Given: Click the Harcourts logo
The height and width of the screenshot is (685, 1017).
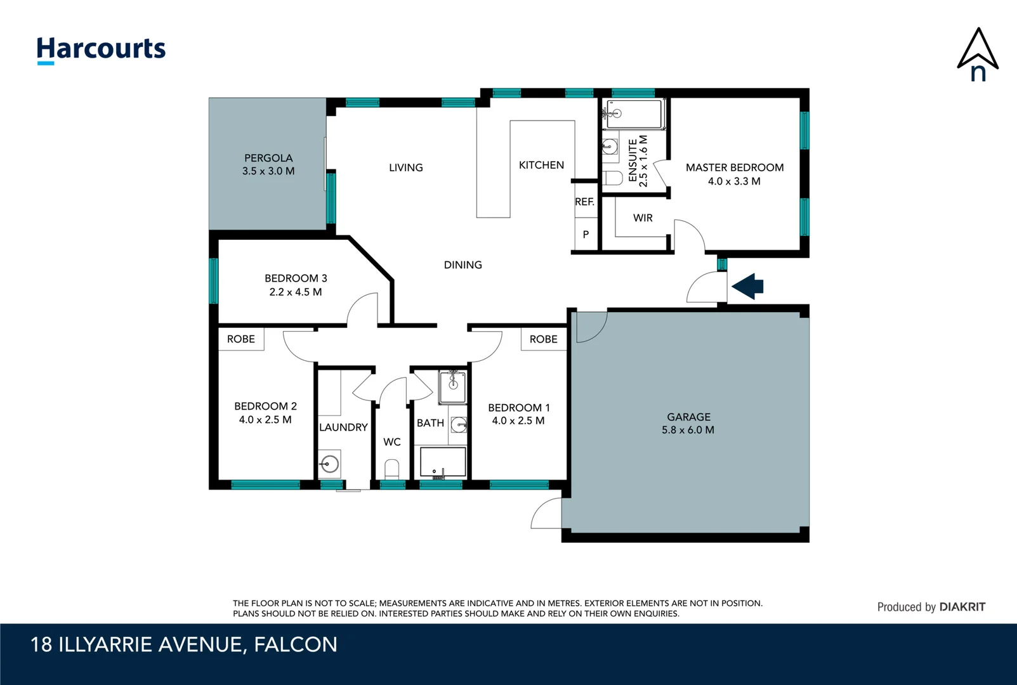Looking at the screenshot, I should pos(101,49).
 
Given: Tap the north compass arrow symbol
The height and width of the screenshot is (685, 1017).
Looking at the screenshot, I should pos(978,54).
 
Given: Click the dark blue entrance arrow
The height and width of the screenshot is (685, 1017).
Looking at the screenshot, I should pos(749,287).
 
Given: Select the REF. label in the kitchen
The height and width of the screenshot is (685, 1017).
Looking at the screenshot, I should pos(584,202).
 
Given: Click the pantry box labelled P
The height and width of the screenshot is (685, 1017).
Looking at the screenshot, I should pos(586,235).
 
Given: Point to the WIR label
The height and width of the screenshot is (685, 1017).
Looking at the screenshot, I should pos(643,218).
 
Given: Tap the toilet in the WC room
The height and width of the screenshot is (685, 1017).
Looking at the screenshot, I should pos(392,470).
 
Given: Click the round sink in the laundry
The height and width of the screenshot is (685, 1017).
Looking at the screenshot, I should pos(329,464).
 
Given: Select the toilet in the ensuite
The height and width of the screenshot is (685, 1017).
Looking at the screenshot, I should pos(613,178).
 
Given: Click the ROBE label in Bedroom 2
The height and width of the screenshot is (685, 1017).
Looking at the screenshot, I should pos(241,339).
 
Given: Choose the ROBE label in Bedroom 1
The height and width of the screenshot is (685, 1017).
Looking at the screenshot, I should pos(544,339).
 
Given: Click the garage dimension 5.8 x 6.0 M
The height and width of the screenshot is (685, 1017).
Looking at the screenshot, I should pos(688,430).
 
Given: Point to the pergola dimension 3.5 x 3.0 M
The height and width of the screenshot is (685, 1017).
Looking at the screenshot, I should pos(268,171).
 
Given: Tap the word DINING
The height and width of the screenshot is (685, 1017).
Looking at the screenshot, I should pos(463,265).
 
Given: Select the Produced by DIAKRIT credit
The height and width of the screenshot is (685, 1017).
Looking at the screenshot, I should pos(931,607).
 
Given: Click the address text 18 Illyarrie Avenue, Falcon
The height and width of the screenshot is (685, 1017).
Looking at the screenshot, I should pos(184,644).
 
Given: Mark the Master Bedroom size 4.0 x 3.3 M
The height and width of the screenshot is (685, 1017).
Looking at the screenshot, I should pos(734,181).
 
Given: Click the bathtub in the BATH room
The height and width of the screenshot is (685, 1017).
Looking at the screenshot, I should pos(443,462).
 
